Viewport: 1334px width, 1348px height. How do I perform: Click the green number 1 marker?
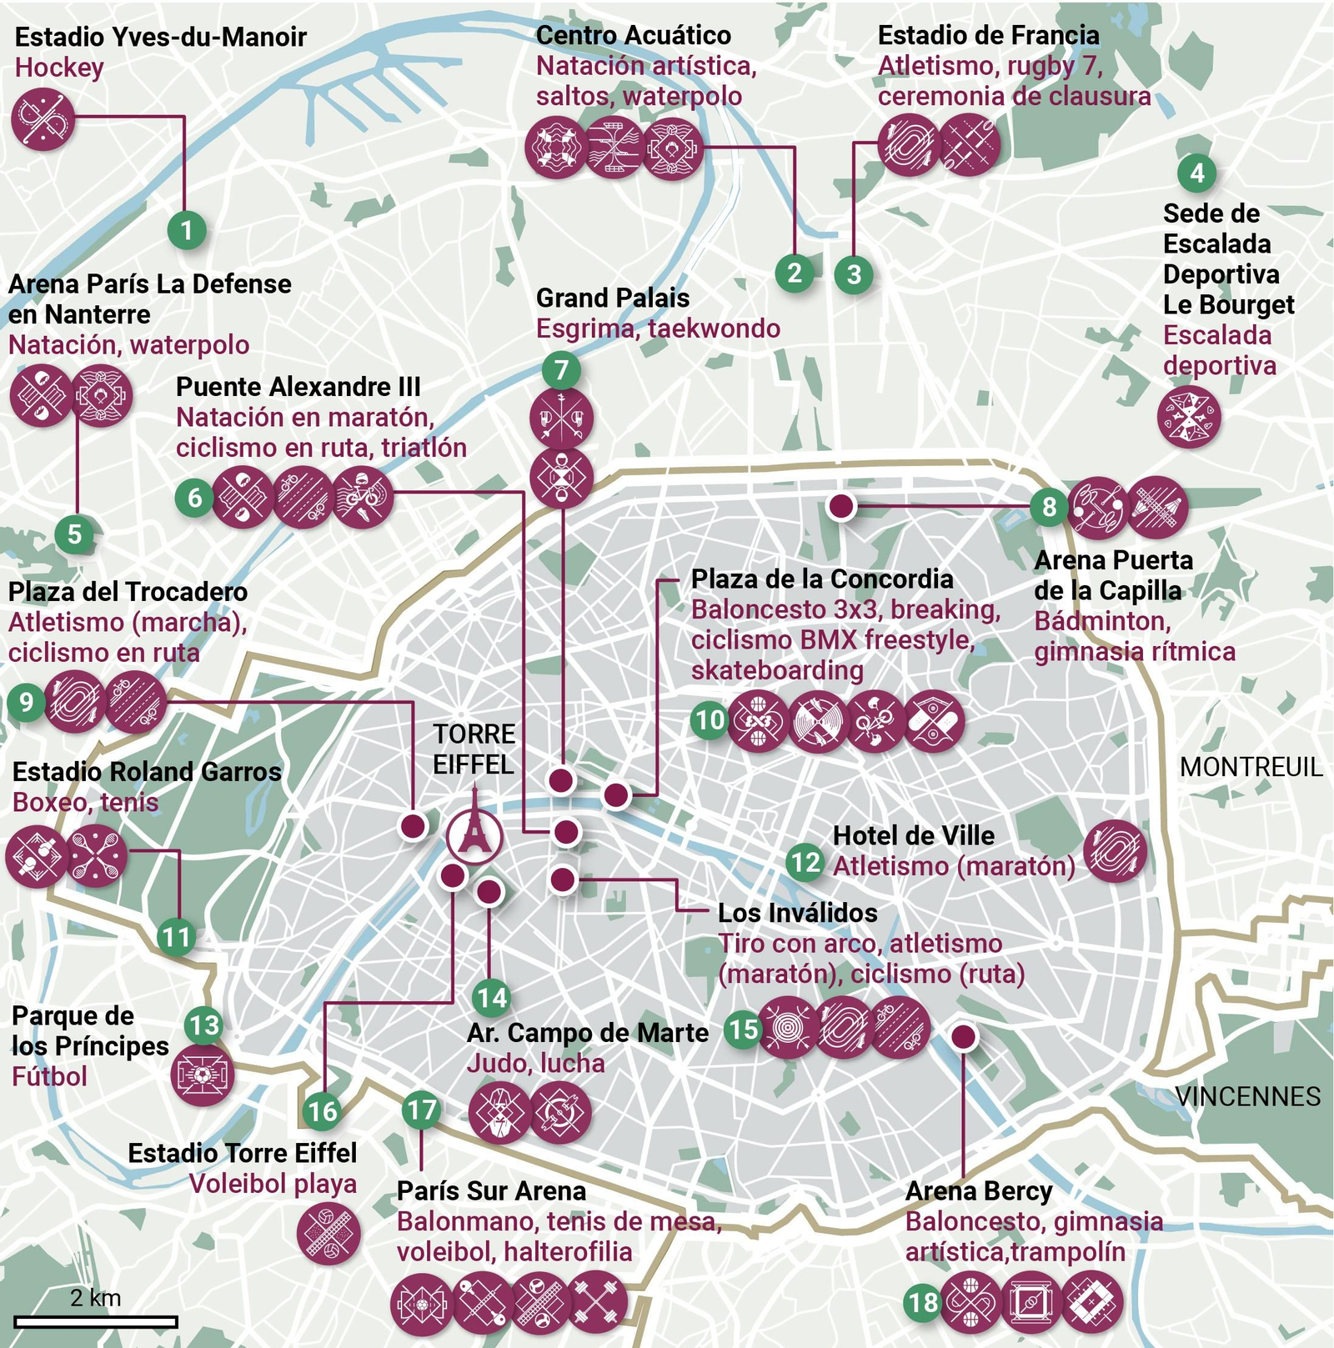[x=186, y=230]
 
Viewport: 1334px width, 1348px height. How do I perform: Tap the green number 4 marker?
[x=1197, y=173]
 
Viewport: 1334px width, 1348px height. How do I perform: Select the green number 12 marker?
[x=805, y=861]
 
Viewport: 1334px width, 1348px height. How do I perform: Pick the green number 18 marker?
[x=923, y=1302]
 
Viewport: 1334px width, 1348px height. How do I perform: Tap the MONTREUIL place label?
[x=1251, y=767]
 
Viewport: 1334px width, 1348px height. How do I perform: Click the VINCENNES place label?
[x=1248, y=1096]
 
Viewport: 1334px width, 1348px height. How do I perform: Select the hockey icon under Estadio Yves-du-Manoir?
[x=43, y=119]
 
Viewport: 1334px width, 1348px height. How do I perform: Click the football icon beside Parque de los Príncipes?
[x=202, y=1075]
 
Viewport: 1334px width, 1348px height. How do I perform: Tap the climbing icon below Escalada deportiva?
[x=1189, y=417]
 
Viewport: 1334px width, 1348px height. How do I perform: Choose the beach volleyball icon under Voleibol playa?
[x=328, y=1233]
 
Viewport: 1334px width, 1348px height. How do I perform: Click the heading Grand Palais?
[x=613, y=298]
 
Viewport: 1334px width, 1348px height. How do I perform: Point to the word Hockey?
[x=59, y=68]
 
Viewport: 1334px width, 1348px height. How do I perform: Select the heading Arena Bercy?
[x=978, y=1191]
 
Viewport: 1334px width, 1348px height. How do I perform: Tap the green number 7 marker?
[x=561, y=370]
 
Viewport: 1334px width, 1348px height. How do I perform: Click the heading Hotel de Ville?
[x=914, y=835]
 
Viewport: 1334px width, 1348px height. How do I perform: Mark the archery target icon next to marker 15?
[x=787, y=1028]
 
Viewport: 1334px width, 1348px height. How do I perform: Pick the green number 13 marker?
[x=203, y=1025]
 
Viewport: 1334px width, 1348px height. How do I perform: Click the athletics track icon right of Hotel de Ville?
[x=1115, y=851]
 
